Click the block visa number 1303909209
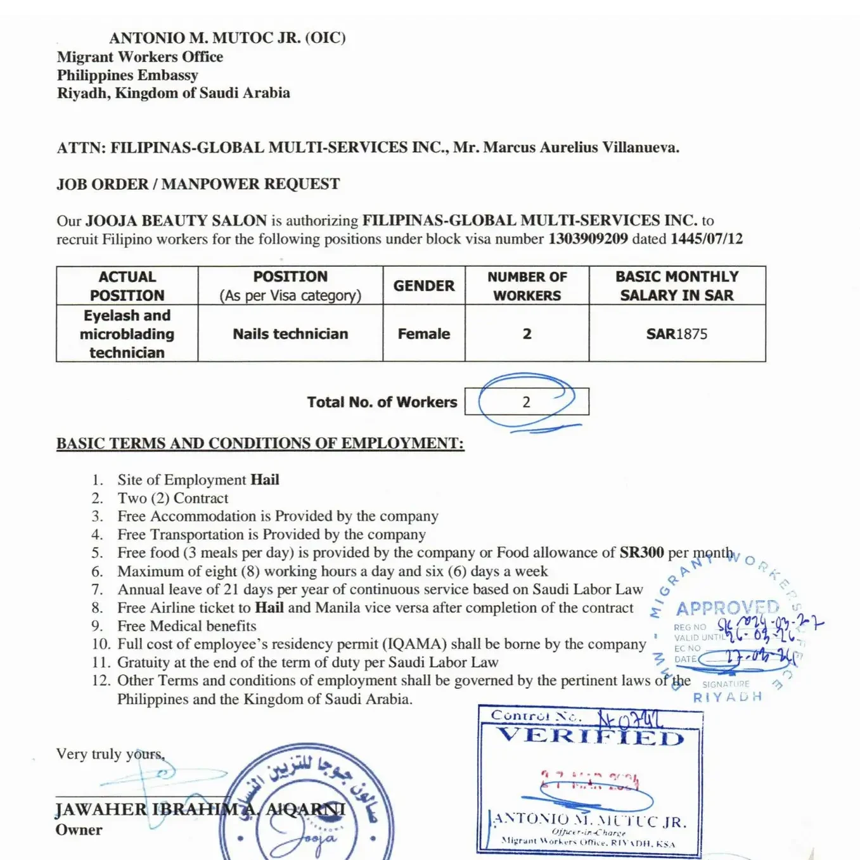[x=587, y=239]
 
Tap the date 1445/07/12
[x=706, y=239]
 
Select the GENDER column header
[x=423, y=286]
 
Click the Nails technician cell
[x=290, y=334]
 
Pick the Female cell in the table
[x=423, y=334]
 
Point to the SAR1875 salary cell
[x=676, y=334]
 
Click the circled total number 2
[x=526, y=402]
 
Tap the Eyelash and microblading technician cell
[x=127, y=334]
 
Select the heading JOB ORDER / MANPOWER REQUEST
[x=198, y=184]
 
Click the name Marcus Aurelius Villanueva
[x=581, y=148]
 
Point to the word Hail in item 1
[x=264, y=480]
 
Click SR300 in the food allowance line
[x=641, y=553]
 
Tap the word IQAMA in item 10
[x=413, y=644]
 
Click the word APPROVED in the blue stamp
[x=727, y=608]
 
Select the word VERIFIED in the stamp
[x=590, y=736]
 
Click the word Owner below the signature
[x=79, y=830]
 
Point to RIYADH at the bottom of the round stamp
[x=727, y=697]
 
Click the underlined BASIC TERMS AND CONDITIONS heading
[x=260, y=443]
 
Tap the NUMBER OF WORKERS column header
[x=527, y=286]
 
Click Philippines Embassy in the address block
[x=127, y=75]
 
